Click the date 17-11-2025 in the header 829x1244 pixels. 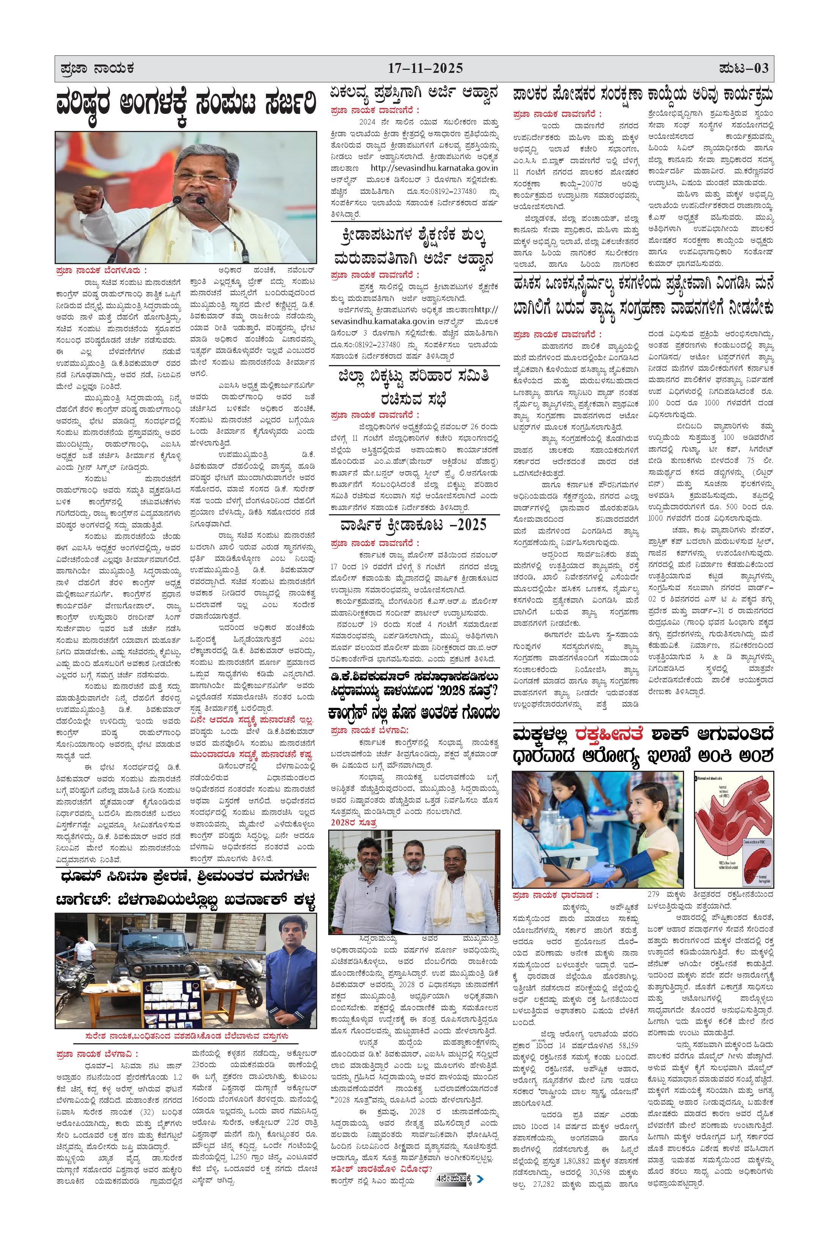pyautogui.click(x=425, y=68)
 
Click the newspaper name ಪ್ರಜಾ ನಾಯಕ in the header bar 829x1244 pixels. pyautogui.click(x=97, y=69)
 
